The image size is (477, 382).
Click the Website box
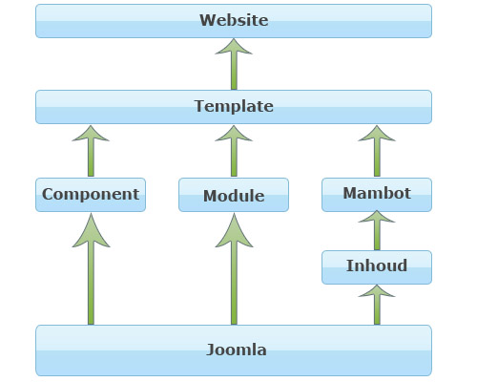[x=234, y=21]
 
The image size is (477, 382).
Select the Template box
[x=234, y=107]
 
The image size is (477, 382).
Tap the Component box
[x=91, y=195]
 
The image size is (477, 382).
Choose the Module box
[x=234, y=195]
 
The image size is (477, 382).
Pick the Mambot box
[x=377, y=195]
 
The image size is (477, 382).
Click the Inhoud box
[x=377, y=267]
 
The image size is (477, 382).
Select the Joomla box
[x=234, y=350]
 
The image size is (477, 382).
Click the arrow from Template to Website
[x=234, y=64]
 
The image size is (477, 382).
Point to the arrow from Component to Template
[x=91, y=151]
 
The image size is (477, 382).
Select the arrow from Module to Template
[x=234, y=151]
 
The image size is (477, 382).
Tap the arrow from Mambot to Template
[x=377, y=151]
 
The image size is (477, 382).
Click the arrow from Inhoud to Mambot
[x=377, y=230]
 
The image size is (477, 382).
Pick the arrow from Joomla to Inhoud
[x=377, y=305]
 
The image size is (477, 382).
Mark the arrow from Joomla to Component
[x=91, y=269]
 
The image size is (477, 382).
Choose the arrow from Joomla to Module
[x=234, y=269]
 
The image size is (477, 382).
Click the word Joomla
[x=237, y=350]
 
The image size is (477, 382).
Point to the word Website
[x=234, y=20]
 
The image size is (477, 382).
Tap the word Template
[x=234, y=106]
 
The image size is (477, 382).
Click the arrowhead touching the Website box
[x=234, y=47]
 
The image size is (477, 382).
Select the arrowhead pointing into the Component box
[x=91, y=231]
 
